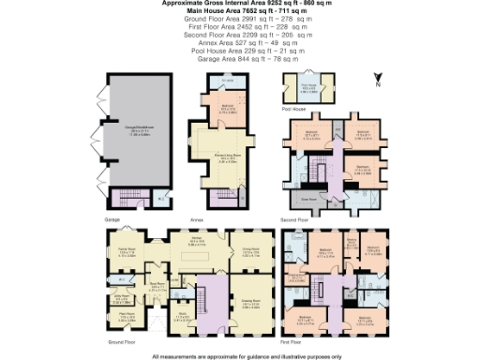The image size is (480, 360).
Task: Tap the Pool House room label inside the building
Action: point(306,92)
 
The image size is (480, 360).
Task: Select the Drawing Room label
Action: point(249,304)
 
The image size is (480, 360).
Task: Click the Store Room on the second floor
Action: point(306,199)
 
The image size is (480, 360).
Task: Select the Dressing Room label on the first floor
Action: point(299,277)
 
